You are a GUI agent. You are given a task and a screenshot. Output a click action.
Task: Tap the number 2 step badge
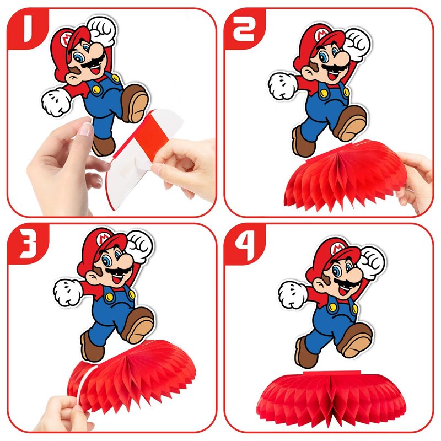[244, 28]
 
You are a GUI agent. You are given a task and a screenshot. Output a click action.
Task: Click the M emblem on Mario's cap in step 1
[67, 39]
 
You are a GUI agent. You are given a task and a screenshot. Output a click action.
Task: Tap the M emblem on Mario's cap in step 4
[337, 248]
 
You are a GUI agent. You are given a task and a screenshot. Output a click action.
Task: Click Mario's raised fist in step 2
[357, 44]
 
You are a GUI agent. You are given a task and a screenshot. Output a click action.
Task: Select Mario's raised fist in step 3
[139, 245]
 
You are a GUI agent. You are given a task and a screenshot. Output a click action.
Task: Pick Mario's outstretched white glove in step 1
[56, 102]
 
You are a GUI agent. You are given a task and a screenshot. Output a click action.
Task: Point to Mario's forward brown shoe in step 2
[351, 123]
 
